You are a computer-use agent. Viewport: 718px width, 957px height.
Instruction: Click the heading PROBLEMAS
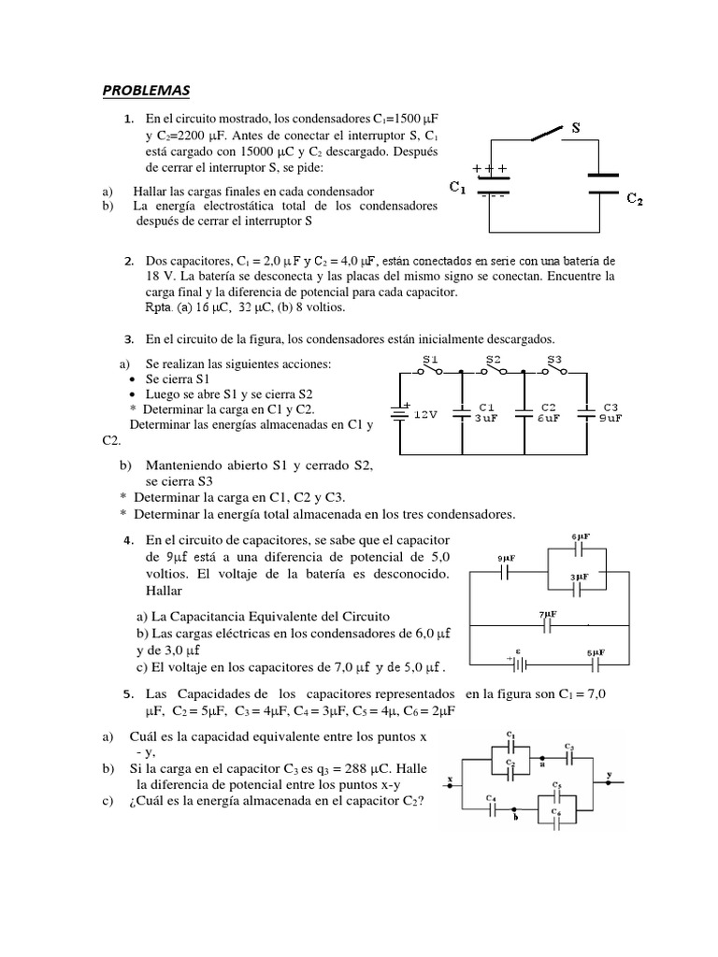145,90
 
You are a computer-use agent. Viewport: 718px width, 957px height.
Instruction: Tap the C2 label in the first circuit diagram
635,198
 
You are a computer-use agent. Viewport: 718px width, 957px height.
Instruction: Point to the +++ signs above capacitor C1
491,169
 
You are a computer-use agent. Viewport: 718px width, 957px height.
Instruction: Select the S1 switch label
431,360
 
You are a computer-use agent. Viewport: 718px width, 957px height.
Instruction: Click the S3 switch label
554,360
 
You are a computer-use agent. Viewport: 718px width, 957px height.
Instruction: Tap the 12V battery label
426,415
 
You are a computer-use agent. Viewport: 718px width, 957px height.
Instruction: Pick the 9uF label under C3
610,419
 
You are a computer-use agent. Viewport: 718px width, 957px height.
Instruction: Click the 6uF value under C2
548,419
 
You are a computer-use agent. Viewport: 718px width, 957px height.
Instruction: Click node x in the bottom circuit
451,778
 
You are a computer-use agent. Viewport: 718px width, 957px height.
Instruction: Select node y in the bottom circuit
610,775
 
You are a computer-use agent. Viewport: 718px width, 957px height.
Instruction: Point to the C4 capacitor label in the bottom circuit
491,796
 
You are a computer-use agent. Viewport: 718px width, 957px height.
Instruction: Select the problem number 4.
127,541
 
